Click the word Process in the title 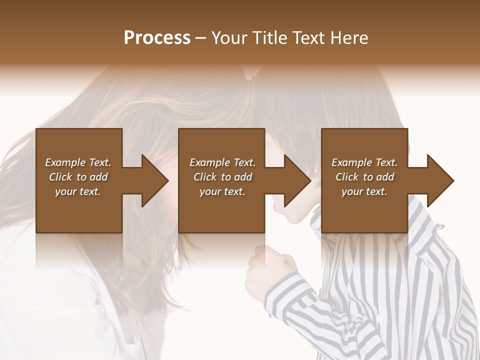click(x=157, y=38)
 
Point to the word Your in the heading click(x=229, y=38)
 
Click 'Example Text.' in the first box click(x=78, y=162)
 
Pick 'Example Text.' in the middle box click(x=222, y=162)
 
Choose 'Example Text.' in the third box click(x=364, y=162)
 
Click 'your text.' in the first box click(x=78, y=191)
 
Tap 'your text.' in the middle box click(x=222, y=191)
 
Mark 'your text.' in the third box click(x=364, y=191)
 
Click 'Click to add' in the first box click(x=78, y=177)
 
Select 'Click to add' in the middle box click(x=222, y=177)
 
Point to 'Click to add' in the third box click(x=364, y=177)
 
